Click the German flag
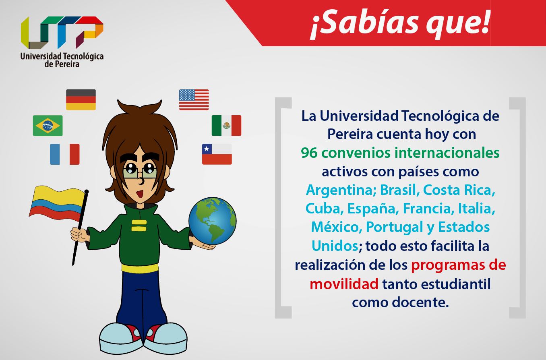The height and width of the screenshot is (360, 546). [x=81, y=100]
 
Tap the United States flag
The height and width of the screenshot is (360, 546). [x=194, y=100]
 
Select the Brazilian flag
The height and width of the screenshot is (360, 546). [x=48, y=126]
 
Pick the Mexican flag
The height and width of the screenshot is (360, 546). [x=226, y=126]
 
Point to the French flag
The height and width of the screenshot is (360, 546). [x=64, y=154]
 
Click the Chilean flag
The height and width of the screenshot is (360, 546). [x=217, y=154]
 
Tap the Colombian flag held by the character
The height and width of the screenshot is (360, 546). [x=58, y=203]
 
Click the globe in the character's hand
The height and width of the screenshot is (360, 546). [x=212, y=221]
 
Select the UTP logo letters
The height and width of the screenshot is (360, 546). [x=62, y=33]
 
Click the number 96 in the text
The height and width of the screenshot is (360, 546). [x=309, y=153]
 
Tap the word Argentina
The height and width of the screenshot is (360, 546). [x=339, y=190]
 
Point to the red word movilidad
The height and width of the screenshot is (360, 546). [x=344, y=284]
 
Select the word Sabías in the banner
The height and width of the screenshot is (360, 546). [x=365, y=23]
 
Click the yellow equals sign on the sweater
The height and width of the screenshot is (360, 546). [x=139, y=226]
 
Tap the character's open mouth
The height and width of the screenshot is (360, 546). [x=139, y=194]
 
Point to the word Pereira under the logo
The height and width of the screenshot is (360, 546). [x=67, y=64]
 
